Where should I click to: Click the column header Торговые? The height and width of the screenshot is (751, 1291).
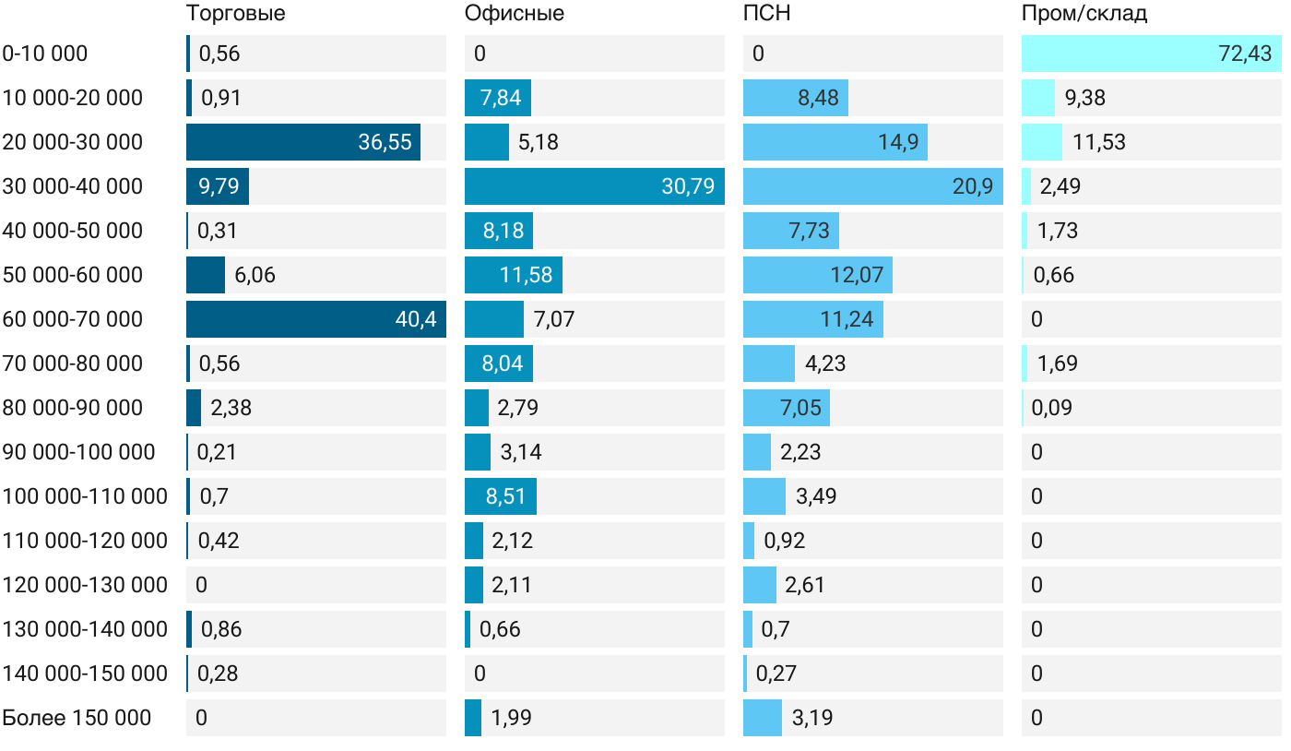[x=235, y=14]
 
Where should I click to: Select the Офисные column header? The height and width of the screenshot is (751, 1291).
[x=515, y=14]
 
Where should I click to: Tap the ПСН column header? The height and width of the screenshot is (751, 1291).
[x=767, y=14]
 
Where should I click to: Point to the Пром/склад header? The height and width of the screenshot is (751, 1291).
[x=1084, y=14]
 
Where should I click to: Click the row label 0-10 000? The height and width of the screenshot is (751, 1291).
[x=45, y=54]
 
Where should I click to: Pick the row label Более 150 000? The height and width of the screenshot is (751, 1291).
[x=77, y=718]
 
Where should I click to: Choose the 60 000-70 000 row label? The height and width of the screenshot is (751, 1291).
[x=73, y=319]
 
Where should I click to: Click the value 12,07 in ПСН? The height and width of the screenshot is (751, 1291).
[x=857, y=275]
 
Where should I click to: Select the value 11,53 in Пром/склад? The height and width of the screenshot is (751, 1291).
[x=1099, y=142]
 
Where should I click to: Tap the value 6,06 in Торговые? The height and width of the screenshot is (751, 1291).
[x=255, y=275]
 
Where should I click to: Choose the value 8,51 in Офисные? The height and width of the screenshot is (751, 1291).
[x=505, y=496]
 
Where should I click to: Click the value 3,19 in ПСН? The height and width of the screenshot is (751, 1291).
[x=812, y=718]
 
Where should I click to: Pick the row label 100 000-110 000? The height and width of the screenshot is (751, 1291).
[x=85, y=496]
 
